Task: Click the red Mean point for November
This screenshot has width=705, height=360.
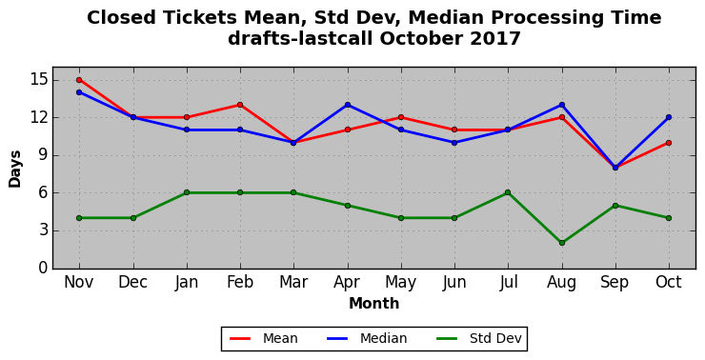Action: point(79,80)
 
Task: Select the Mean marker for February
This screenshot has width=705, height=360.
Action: point(240,105)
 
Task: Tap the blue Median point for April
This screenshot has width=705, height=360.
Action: point(348,105)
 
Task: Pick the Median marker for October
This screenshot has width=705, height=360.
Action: point(669,117)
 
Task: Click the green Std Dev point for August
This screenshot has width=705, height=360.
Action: point(562,243)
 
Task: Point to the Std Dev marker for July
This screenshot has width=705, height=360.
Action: point(508,192)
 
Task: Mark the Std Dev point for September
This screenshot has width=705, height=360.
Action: point(615,206)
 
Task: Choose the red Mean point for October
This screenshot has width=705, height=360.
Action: point(669,143)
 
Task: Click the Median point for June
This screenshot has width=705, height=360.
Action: point(454,143)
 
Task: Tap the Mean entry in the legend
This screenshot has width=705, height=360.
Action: point(264,338)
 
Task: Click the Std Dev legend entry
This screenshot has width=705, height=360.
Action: point(479,338)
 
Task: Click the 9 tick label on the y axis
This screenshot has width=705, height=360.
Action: point(42,155)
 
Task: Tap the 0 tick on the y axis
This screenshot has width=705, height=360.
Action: point(42,269)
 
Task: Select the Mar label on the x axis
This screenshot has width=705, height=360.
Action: point(293,282)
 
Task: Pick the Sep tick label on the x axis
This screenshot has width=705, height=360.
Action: point(614,283)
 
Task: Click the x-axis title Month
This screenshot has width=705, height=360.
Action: point(374,304)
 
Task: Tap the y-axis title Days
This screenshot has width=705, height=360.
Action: point(15,169)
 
